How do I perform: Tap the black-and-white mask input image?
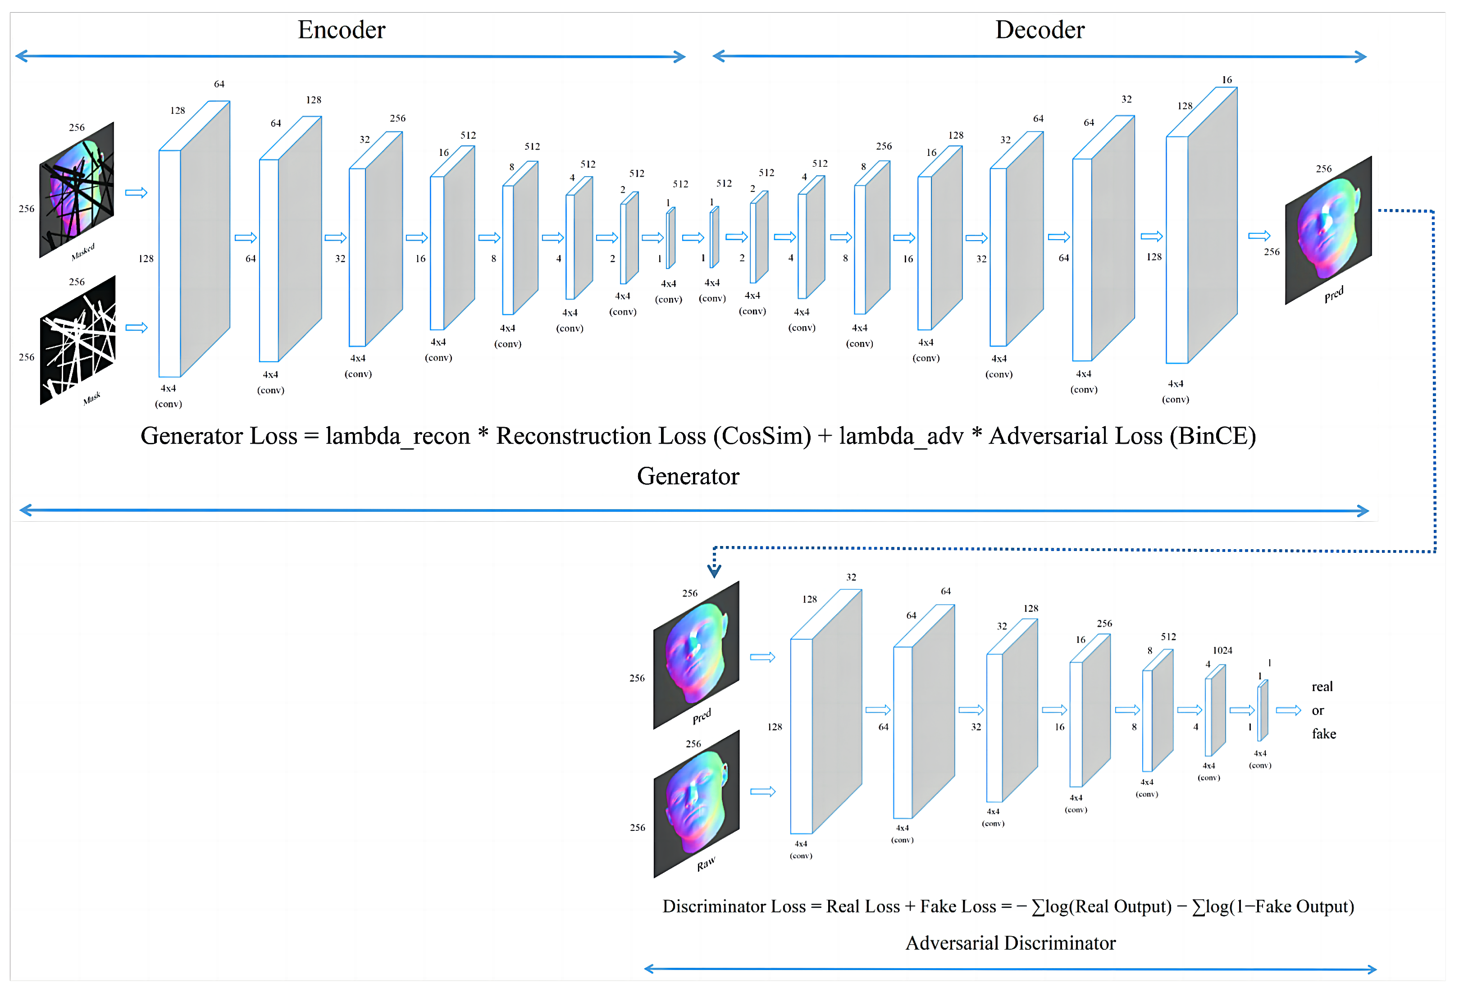(x=78, y=340)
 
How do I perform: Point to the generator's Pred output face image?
(x=1328, y=230)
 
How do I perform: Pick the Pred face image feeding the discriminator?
(x=696, y=654)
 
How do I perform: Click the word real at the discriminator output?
(x=1322, y=687)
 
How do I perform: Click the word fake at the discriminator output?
(x=1323, y=734)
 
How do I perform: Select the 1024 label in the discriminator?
(x=1222, y=650)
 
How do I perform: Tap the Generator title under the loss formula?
(x=688, y=476)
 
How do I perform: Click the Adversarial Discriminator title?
(x=1010, y=943)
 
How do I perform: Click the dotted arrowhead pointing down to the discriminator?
(x=714, y=570)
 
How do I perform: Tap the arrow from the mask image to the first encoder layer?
(x=136, y=328)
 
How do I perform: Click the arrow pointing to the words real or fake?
(x=1288, y=710)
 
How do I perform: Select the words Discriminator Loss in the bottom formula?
(x=733, y=906)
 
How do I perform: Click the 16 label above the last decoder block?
(x=1226, y=80)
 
